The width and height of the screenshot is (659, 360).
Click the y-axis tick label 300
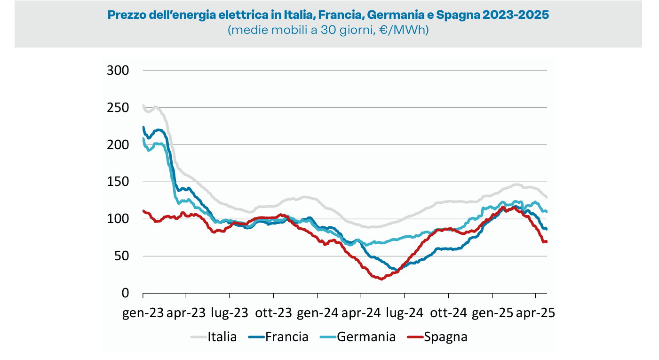click(118, 71)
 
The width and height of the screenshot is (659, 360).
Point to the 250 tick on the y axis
click(118, 108)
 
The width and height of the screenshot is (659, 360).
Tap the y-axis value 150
click(118, 182)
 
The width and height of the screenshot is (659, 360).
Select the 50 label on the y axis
click(122, 256)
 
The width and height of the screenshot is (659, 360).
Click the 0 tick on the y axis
click(126, 293)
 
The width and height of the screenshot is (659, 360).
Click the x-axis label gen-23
click(143, 313)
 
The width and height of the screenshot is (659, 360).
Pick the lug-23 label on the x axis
click(230, 313)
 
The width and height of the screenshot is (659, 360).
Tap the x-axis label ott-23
click(273, 313)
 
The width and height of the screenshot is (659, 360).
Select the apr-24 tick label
click(361, 313)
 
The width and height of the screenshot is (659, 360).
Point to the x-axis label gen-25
click(492, 313)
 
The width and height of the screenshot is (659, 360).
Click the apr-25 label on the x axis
click(536, 313)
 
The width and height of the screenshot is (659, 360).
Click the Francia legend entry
click(286, 337)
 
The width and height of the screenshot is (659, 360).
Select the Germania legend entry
click(366, 337)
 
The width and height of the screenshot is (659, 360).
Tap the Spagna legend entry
click(445, 337)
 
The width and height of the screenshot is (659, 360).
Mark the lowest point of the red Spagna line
click(381, 279)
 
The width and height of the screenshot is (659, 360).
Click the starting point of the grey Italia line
click(143, 105)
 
